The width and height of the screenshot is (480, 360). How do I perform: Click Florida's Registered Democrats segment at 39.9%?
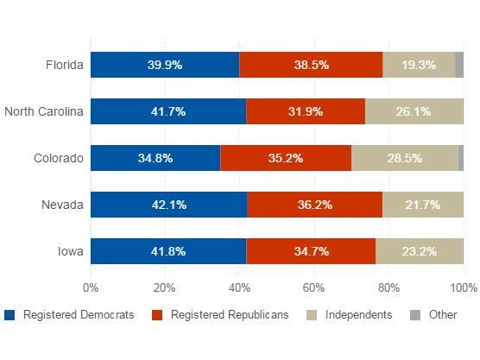coord(164,65)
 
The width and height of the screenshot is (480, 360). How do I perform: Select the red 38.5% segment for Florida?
coord(311,65)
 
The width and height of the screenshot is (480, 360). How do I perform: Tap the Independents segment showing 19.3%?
coord(419,65)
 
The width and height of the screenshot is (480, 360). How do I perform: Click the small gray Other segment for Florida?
coord(459,65)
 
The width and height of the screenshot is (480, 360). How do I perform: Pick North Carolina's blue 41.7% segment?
coord(167,111)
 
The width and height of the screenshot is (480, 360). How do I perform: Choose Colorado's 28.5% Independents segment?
coord(405,158)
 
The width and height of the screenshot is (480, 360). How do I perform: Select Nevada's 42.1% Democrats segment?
coord(168,205)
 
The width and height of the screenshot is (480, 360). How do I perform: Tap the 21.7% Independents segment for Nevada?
coord(423,205)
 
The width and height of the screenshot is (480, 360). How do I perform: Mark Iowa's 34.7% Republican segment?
coord(311,251)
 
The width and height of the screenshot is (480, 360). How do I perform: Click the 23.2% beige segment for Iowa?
coord(420,251)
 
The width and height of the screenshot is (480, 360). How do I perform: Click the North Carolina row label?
coord(43,111)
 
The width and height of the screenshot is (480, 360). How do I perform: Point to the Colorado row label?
coord(58,158)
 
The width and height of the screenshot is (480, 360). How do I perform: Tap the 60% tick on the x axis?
coord(314,287)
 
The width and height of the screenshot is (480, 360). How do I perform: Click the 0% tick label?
coord(90,287)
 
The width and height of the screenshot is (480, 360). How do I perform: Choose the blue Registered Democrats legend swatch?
coord(9,315)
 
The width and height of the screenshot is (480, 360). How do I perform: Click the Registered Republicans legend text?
coord(230,315)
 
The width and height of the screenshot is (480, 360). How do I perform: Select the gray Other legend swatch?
coord(414,315)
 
